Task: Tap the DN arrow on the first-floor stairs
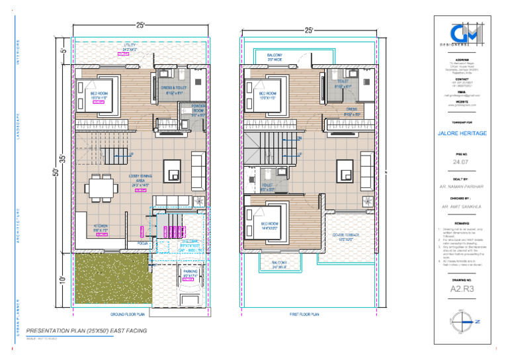[299, 138]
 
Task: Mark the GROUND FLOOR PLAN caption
[127, 314]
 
